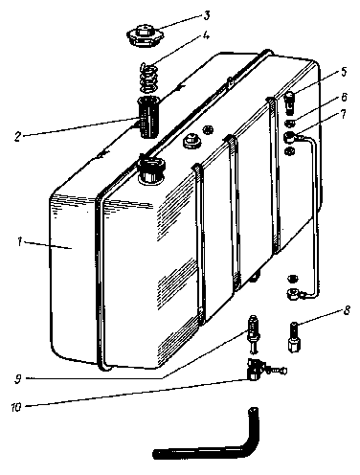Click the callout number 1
coord(20,241)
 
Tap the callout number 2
coord(17,136)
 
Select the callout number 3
coord(207,15)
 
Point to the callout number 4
coord(206,35)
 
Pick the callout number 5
coord(344,72)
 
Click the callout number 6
coord(344,97)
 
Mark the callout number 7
coord(343,114)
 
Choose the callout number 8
coord(347,310)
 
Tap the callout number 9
coord(18,379)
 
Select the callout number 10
coord(16,407)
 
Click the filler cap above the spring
coord(146,36)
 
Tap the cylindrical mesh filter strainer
coord(147,118)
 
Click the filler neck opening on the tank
coord(151,170)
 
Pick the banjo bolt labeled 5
coord(290,102)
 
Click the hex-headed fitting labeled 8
coord(295,338)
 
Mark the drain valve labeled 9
coord(254,333)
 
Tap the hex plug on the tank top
coord(191,141)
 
